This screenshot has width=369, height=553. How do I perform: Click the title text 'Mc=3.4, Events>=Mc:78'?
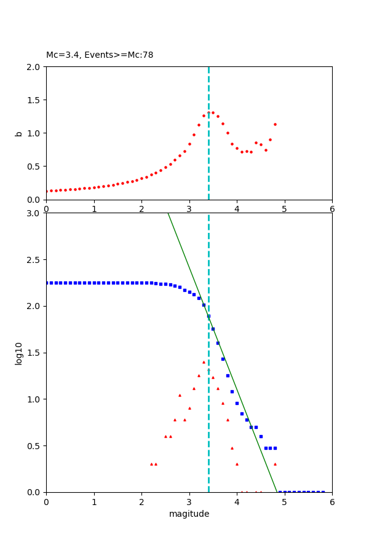[x=100, y=55]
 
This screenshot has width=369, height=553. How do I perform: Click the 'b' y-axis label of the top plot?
[x=18, y=133]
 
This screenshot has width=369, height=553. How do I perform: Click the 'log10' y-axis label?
[x=18, y=353]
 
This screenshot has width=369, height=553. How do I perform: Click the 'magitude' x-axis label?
[x=189, y=514]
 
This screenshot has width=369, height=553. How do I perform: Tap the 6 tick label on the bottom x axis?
[x=332, y=501]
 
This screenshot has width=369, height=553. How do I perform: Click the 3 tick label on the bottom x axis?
[x=189, y=501]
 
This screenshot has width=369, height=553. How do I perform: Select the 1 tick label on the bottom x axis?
[x=94, y=501]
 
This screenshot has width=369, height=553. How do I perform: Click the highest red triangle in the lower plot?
[x=204, y=362]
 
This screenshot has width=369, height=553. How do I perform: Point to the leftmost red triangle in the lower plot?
[x=151, y=464]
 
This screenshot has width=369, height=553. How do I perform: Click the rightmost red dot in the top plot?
[x=275, y=124]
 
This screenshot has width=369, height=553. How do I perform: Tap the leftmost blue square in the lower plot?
[x=47, y=283]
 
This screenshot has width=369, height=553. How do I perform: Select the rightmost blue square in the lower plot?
[x=323, y=492]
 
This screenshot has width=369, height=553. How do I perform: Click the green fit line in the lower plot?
[x=246, y=393]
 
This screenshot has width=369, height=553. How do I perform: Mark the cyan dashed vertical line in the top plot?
[x=208, y=154]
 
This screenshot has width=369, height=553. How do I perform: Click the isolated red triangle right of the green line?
[x=275, y=464]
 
